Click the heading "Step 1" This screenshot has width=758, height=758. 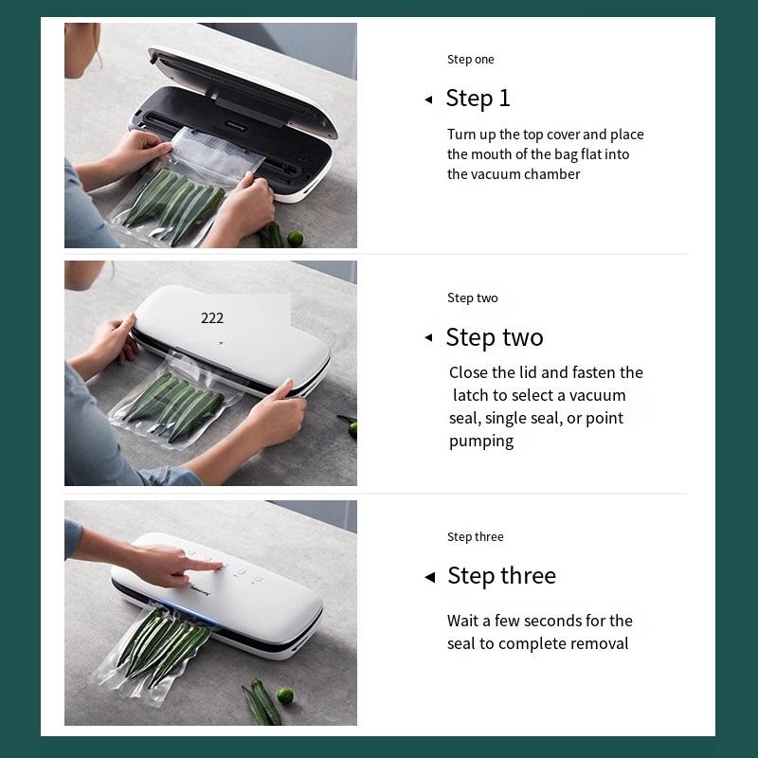tap(478, 99)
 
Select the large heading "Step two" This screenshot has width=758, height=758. tap(495, 337)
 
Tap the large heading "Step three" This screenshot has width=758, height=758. tap(502, 576)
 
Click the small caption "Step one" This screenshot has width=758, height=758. tap(470, 60)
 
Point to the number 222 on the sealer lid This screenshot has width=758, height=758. tap(212, 317)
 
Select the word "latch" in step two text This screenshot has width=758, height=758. tap(471, 395)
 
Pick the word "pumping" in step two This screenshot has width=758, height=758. tap(481, 442)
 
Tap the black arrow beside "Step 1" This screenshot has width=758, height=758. tap(428, 99)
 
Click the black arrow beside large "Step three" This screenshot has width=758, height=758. tap(430, 577)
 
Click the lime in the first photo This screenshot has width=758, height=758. tap(295, 238)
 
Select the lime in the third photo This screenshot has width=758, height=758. tap(285, 695)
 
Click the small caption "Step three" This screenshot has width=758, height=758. tap(476, 536)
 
